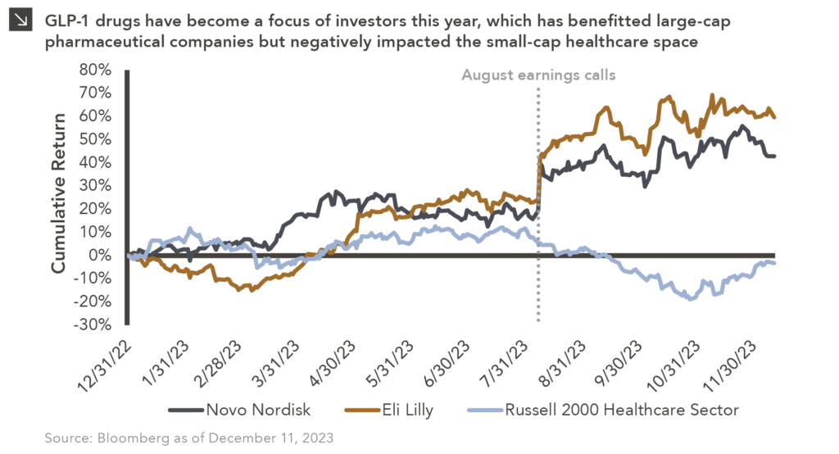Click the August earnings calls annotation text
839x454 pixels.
[x=537, y=75]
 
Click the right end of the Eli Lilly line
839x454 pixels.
[x=775, y=117]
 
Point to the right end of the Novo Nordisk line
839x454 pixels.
[x=775, y=156]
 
